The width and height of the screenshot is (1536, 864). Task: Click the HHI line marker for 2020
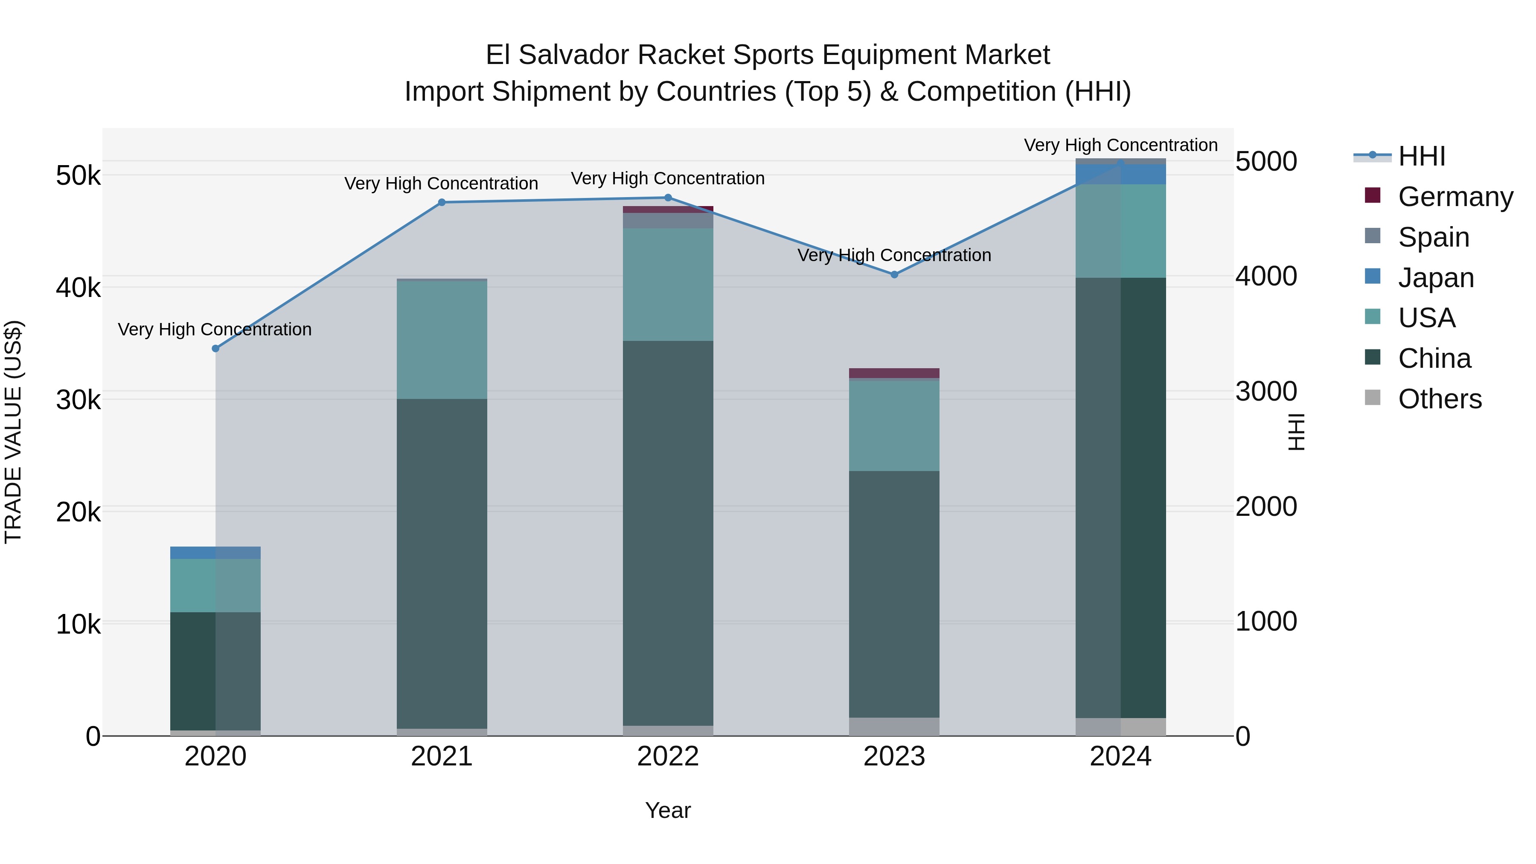(x=216, y=349)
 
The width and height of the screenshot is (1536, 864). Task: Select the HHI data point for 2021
(x=442, y=203)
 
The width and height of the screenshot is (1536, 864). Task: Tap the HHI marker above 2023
(x=894, y=275)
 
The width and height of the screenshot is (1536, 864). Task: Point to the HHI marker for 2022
(x=668, y=198)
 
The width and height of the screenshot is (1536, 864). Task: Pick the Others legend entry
(x=1440, y=399)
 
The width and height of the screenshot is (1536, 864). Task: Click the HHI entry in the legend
(x=1422, y=156)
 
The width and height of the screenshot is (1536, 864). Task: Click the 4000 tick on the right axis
(x=1266, y=276)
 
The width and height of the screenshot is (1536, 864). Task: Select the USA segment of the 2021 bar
(x=442, y=340)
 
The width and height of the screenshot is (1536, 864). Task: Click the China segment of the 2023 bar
(x=894, y=594)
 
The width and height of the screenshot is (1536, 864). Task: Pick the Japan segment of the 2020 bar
(x=216, y=553)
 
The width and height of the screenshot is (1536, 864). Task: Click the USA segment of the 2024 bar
(x=1120, y=231)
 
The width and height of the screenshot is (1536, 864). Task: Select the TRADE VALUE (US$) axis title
(x=13, y=432)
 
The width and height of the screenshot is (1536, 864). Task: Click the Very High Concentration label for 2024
(x=1120, y=145)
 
